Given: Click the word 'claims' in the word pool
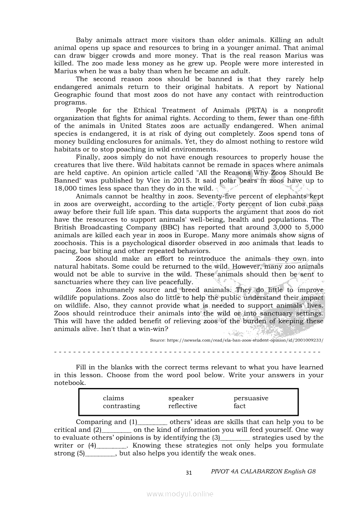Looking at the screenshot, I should [113, 398].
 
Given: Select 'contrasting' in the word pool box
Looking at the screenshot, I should [121, 406].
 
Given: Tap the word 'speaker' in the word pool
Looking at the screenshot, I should [181, 398].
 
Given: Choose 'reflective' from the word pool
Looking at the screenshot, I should [183, 406].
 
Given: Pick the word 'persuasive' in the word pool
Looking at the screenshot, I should [251, 398].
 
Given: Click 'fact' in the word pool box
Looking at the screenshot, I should [240, 406].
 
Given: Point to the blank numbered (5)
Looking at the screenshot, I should [100, 453].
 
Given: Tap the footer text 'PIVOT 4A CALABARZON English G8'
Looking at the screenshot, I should [263, 472].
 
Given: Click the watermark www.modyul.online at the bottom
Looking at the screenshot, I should [180, 494].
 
